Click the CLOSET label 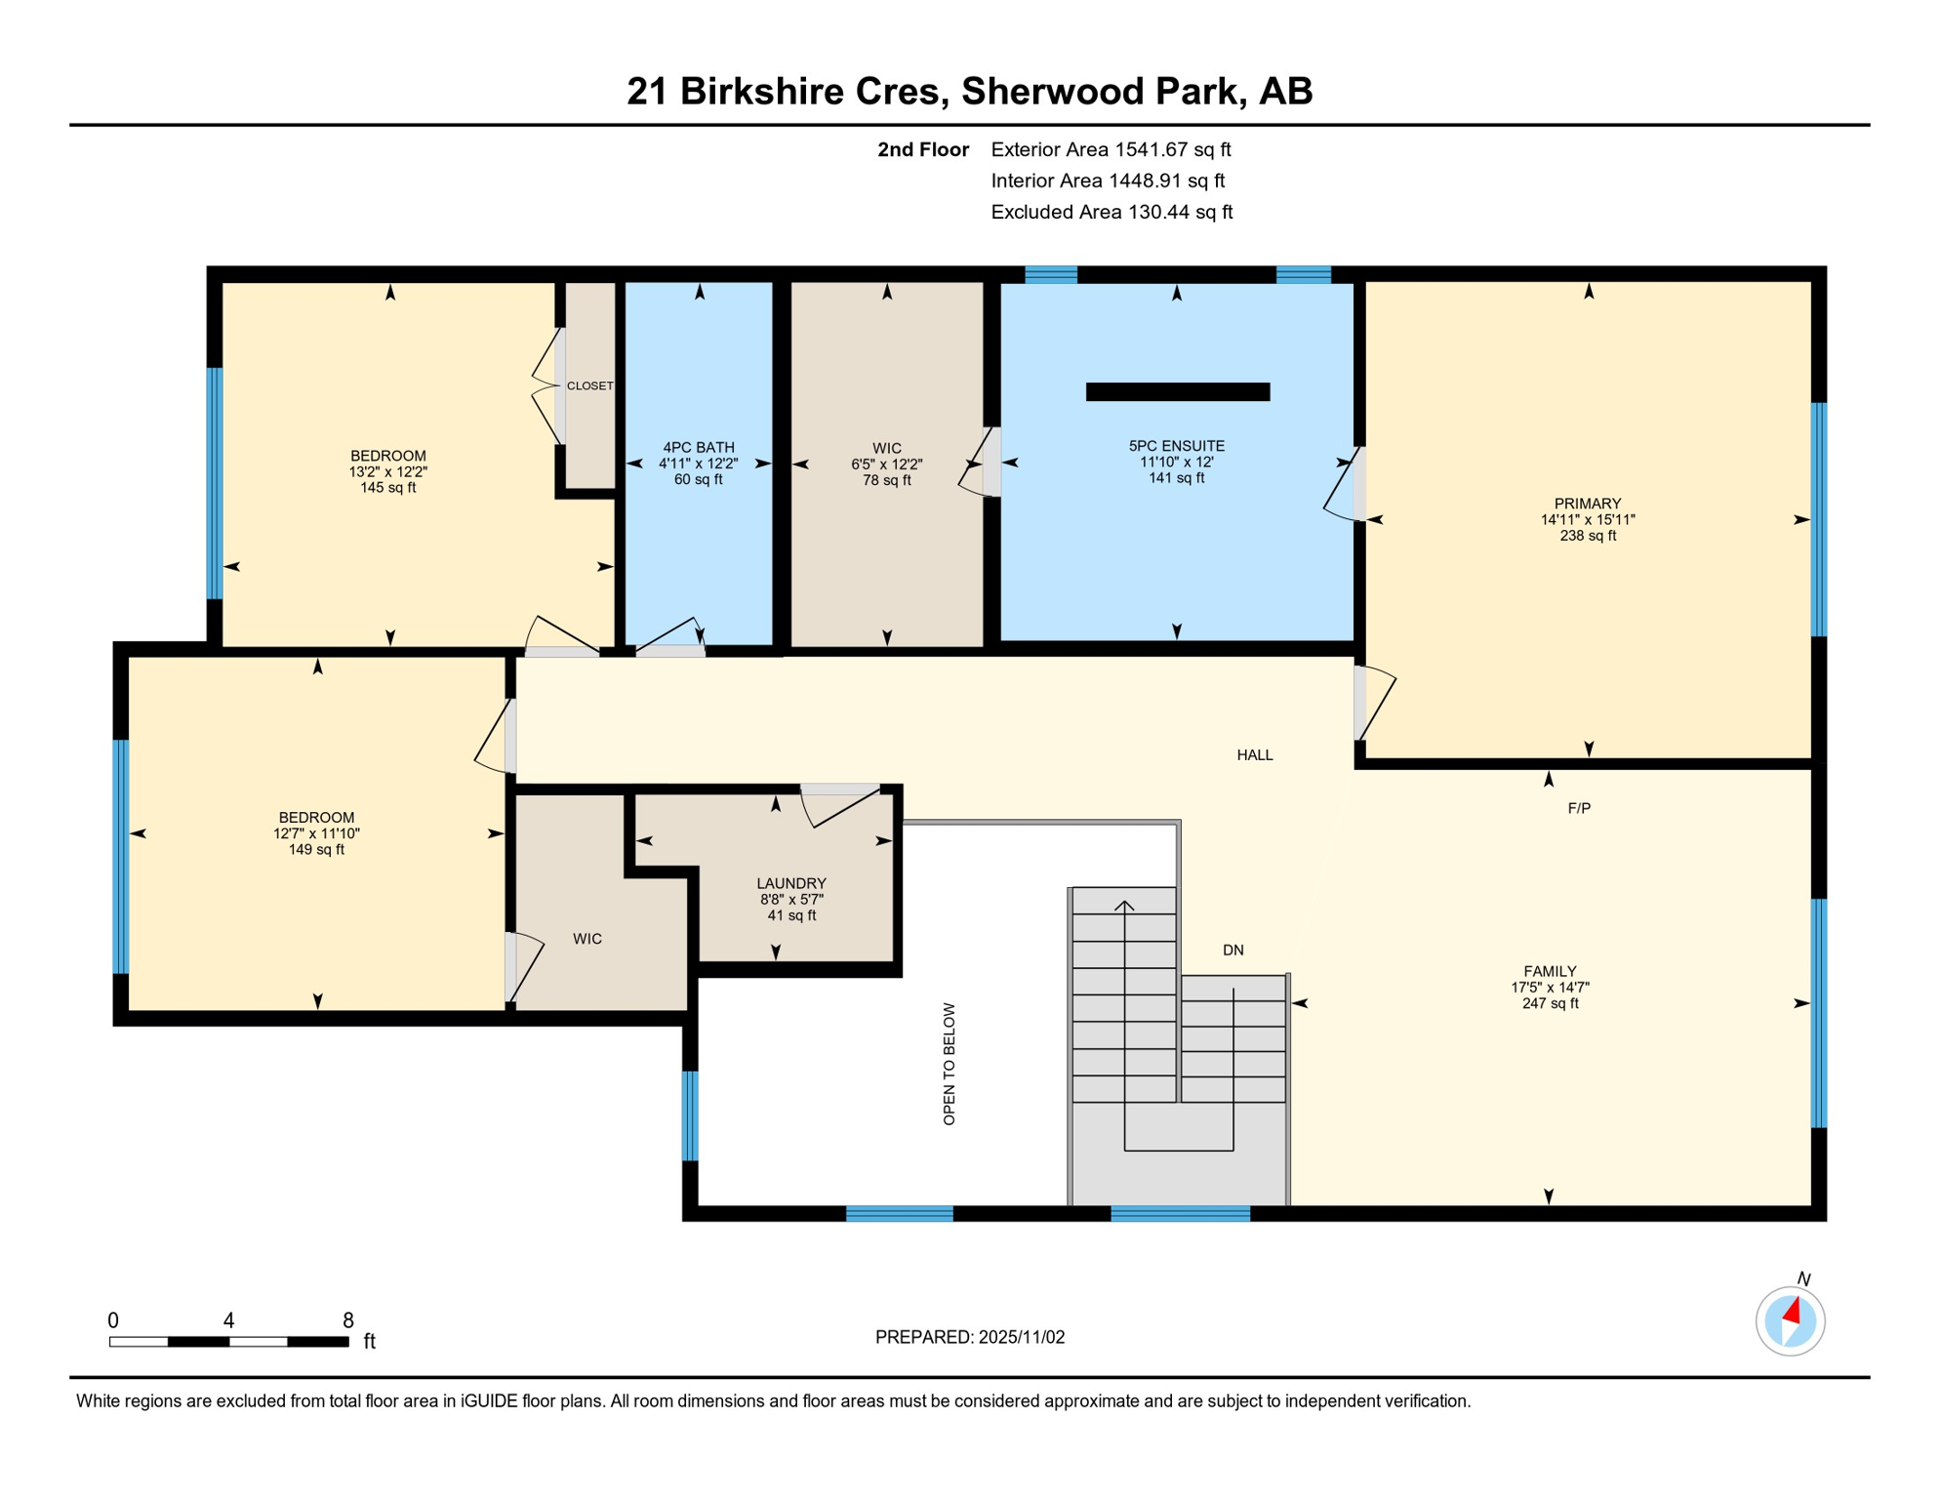[x=589, y=386]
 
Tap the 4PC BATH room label [x=698, y=448]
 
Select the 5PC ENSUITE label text [x=1176, y=446]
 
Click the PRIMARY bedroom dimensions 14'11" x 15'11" [x=1587, y=520]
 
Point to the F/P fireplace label [x=1578, y=808]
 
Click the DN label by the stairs [x=1233, y=951]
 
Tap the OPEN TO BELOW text [x=949, y=1064]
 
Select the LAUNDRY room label [x=790, y=883]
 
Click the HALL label [x=1254, y=755]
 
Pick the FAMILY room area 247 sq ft [x=1550, y=1003]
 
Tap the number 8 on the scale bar [x=347, y=1320]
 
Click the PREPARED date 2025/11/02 [x=969, y=1337]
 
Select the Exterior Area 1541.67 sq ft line [x=1110, y=149]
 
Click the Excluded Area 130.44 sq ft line [x=1111, y=212]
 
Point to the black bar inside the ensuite [x=1177, y=392]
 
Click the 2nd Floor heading [x=922, y=149]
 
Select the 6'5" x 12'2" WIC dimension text [x=886, y=465]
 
